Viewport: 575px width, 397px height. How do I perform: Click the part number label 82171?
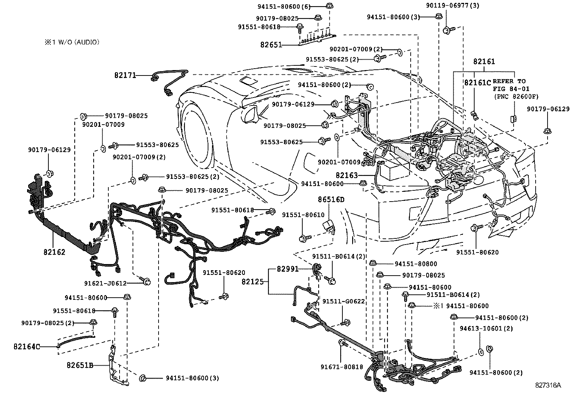[125, 75]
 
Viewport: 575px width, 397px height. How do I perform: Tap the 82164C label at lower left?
[26, 347]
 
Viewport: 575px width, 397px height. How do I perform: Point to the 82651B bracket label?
[79, 365]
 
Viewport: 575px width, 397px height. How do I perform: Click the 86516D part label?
[331, 199]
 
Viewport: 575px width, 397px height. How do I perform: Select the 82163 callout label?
[346, 176]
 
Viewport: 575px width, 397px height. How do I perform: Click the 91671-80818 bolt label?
[342, 367]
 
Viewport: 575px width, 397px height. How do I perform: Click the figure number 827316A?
[548, 385]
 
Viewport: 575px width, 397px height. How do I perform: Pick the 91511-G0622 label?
[343, 301]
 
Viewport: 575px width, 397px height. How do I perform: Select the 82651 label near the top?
[271, 45]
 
